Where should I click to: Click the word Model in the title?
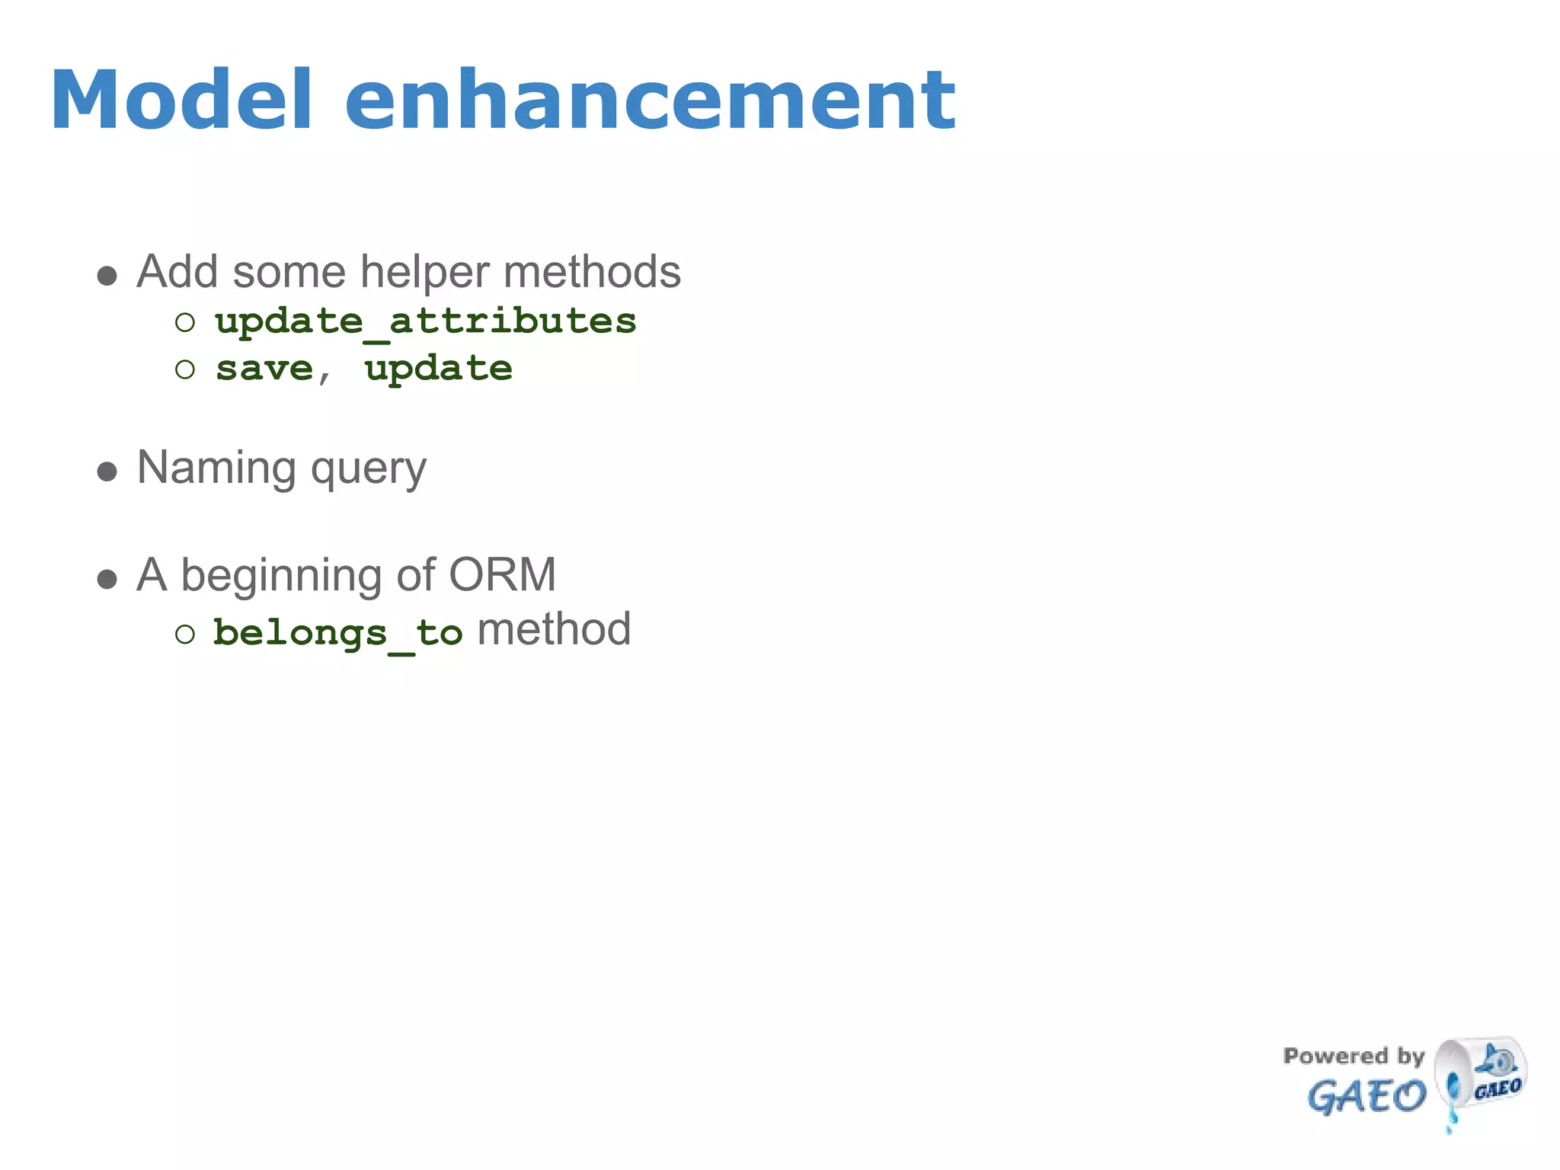[x=181, y=101]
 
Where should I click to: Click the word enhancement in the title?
[x=650, y=101]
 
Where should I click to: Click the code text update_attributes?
[x=425, y=321]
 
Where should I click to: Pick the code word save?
[x=264, y=369]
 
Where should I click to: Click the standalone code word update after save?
[x=438, y=369]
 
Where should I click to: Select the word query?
[x=369, y=469]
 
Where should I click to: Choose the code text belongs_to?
[x=337, y=633]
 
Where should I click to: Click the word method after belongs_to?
[x=554, y=630]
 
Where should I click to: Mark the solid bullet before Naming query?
[x=107, y=472]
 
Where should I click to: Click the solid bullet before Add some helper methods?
[x=107, y=276]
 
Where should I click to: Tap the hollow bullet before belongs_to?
[x=185, y=634]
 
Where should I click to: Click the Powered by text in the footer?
[x=1354, y=1057]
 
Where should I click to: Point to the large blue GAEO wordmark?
[x=1367, y=1097]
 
